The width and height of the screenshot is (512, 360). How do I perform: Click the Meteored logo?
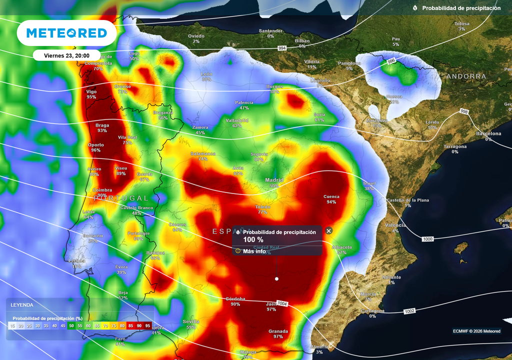point(66,33)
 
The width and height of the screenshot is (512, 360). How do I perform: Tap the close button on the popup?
point(328,230)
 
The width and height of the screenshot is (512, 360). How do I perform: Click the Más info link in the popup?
point(254,251)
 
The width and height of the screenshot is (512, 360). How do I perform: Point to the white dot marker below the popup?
point(276,278)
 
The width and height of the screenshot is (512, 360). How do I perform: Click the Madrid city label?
point(274,180)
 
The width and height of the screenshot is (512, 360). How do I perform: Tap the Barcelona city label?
point(488,133)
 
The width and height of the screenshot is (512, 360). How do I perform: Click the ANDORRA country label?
point(466,76)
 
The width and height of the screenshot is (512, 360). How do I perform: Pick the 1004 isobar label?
point(282,303)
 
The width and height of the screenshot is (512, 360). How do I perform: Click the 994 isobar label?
point(282,48)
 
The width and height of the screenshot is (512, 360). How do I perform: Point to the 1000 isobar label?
point(427,239)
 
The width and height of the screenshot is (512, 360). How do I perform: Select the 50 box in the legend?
point(71,326)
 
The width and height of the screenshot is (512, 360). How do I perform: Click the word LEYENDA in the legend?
point(22,304)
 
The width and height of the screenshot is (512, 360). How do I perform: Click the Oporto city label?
point(96,145)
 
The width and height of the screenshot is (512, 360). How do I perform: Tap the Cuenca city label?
point(331,196)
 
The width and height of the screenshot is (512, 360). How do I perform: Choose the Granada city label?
point(278,331)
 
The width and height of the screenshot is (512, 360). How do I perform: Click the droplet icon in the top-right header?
point(415,8)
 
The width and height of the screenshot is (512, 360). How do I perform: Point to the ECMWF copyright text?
point(476,331)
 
